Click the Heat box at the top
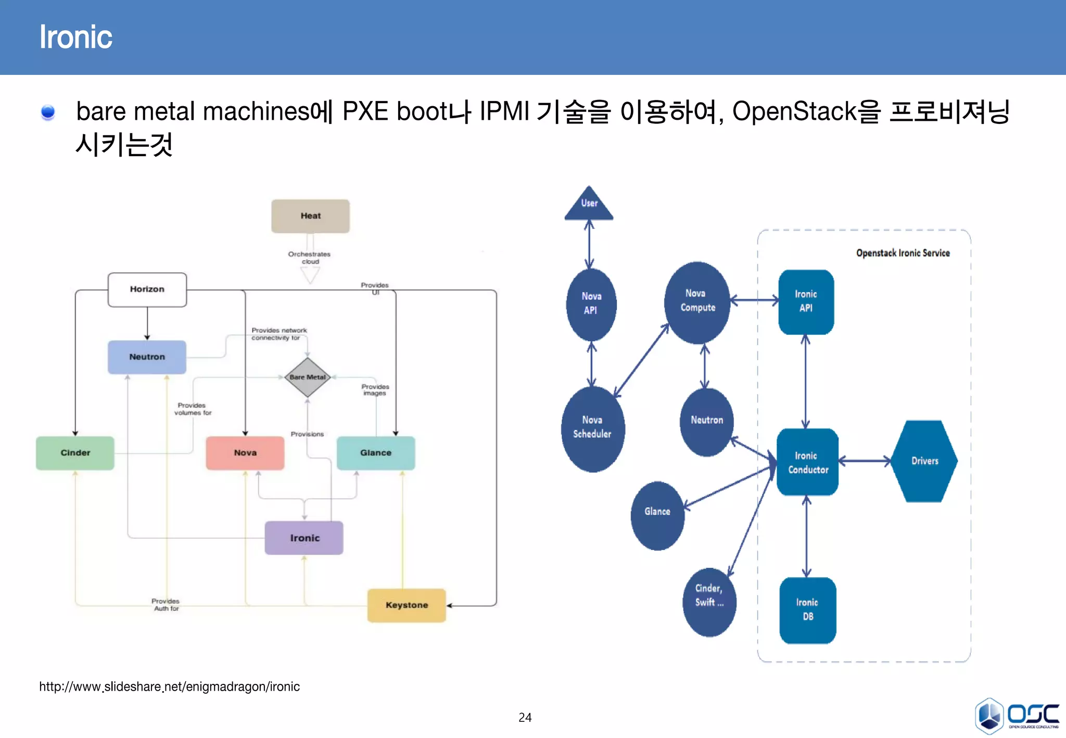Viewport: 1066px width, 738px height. tap(310, 216)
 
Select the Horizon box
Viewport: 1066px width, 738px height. tap(147, 289)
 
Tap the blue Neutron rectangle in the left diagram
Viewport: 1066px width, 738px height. tap(147, 357)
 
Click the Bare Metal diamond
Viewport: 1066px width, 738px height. tap(308, 377)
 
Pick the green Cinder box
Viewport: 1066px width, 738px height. tap(75, 453)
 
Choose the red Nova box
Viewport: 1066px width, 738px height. tap(245, 453)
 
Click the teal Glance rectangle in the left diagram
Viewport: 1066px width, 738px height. tap(376, 453)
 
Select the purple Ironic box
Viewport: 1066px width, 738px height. tap(304, 538)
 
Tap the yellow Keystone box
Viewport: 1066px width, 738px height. tap(407, 605)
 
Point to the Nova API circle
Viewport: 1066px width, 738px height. tap(591, 304)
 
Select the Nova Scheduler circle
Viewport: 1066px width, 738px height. tap(592, 428)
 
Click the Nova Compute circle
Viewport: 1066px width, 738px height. tap(697, 302)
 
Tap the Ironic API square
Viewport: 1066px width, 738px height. tap(806, 302)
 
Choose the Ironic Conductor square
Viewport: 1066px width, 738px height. tap(807, 462)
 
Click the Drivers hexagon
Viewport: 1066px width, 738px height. tap(924, 461)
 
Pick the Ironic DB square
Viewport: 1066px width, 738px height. tap(807, 610)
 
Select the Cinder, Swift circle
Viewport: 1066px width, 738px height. tap(709, 602)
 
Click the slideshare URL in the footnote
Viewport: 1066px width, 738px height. tap(169, 687)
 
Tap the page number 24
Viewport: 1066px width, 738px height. tap(525, 718)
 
